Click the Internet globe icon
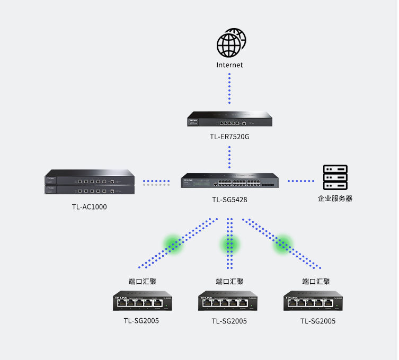point(231,43)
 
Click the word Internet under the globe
point(229,65)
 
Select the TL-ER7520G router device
point(229,119)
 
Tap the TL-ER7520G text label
point(229,137)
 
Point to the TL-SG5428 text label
point(229,200)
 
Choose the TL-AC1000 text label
point(89,207)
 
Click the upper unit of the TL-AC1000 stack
point(90,177)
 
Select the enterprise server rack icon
point(335,177)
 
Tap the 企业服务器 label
point(335,199)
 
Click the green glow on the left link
point(173,244)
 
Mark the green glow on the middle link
point(229,244)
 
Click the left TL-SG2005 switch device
point(143,301)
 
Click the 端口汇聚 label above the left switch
point(142,281)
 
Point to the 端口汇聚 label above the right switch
point(316,281)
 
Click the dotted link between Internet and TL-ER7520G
point(229,88)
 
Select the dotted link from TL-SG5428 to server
point(301,181)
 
